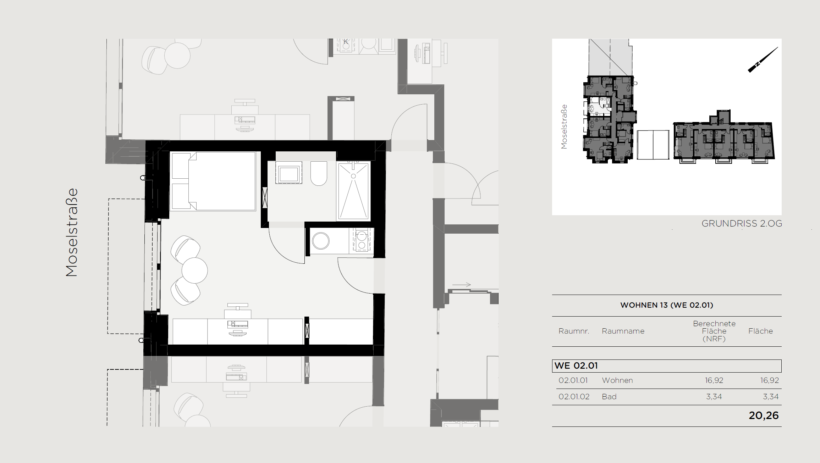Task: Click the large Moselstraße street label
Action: click(72, 232)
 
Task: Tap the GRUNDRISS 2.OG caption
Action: click(742, 224)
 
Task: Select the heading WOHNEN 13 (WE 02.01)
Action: click(667, 305)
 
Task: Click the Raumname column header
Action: click(623, 331)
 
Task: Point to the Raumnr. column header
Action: click(574, 331)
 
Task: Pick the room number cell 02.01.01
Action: click(573, 380)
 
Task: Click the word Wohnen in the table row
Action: click(617, 380)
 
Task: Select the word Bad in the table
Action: click(609, 397)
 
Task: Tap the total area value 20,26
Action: click(764, 415)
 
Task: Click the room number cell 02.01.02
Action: click(574, 397)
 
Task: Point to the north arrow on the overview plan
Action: click(763, 60)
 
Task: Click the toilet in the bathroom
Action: click(319, 174)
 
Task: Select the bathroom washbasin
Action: click(289, 173)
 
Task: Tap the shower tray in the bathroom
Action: click(353, 191)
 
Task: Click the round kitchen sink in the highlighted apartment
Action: click(321, 241)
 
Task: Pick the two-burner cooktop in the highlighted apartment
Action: click(362, 240)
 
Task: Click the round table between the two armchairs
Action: click(195, 270)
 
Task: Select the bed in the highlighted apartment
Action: click(213, 181)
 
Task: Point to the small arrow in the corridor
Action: click(461, 285)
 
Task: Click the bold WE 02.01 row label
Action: click(576, 366)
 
